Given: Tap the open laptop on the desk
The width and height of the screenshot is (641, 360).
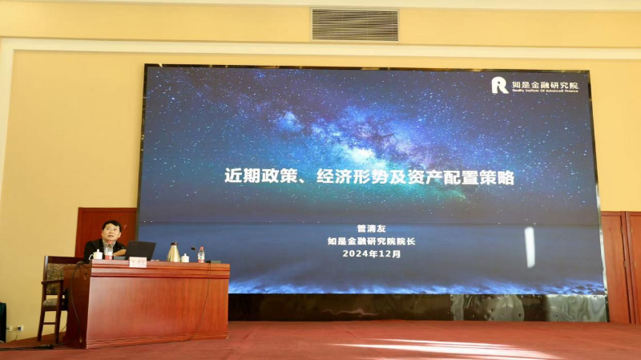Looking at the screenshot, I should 139,250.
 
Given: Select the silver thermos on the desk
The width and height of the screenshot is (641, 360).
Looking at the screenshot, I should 173,253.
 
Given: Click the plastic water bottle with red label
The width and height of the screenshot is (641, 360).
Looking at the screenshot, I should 200,254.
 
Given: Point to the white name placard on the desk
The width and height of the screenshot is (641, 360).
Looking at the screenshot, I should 138,262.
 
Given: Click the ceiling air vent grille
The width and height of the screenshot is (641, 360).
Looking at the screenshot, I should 354,25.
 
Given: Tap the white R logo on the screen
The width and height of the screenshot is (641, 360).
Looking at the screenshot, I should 499,85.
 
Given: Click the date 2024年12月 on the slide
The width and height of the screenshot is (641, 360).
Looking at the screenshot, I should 371,253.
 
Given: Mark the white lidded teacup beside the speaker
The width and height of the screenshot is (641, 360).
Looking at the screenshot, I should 98,255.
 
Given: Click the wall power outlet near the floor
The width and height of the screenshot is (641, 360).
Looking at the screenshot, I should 14,329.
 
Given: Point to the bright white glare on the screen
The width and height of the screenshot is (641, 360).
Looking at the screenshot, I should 530,246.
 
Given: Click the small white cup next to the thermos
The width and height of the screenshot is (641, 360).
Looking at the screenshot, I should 185,257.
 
